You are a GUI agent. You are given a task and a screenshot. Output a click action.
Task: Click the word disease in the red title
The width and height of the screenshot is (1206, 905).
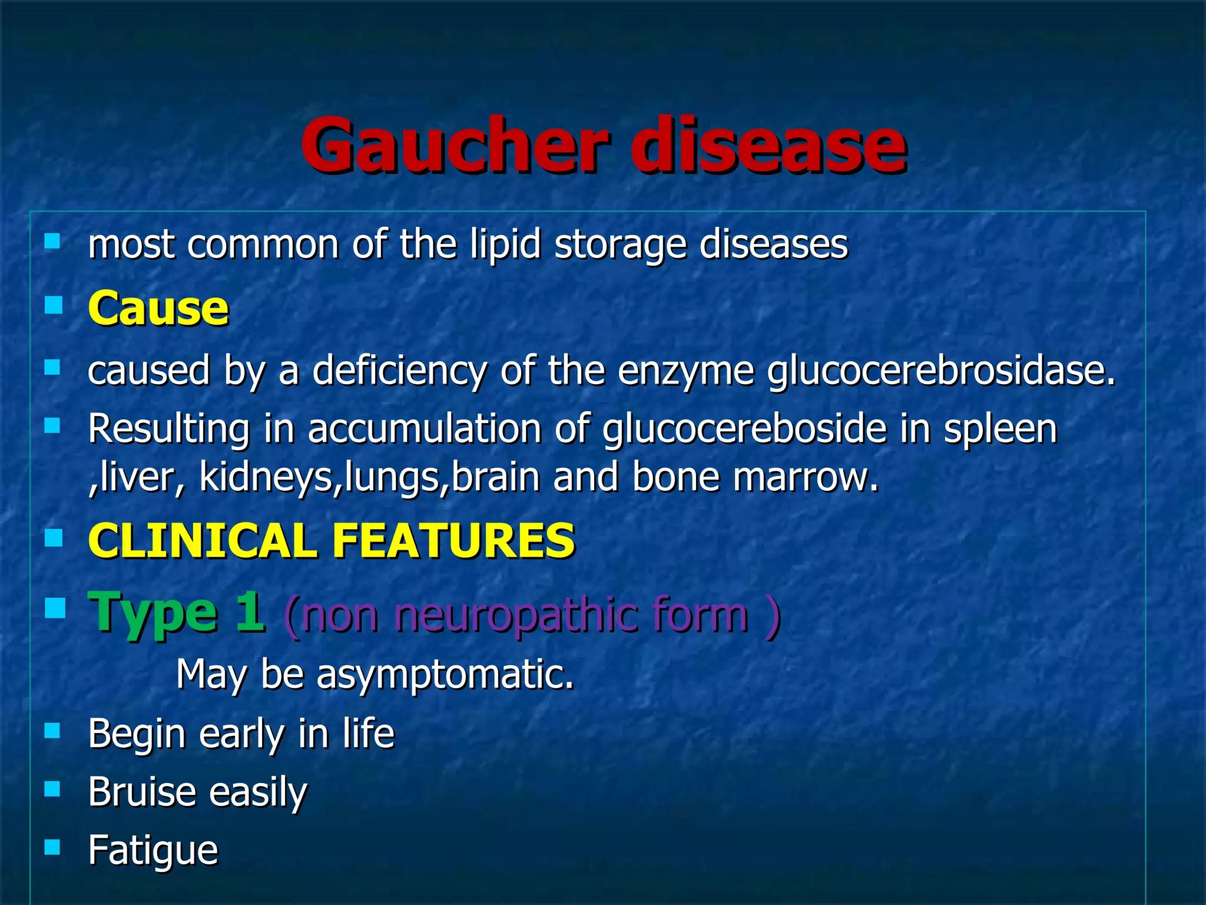773,146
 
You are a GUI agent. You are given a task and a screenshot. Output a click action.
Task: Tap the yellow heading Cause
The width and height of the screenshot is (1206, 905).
158,308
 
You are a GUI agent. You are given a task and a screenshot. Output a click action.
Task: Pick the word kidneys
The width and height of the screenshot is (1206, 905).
266,477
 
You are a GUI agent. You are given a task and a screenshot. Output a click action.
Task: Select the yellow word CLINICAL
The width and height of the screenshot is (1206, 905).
202,541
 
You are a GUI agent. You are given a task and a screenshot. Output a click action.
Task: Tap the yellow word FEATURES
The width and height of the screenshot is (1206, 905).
453,541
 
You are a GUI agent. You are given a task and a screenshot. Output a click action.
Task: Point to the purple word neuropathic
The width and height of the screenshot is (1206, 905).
509,615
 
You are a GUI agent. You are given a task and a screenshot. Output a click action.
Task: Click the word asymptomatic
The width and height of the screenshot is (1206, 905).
445,675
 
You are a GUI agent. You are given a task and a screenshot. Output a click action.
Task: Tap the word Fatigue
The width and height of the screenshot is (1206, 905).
153,851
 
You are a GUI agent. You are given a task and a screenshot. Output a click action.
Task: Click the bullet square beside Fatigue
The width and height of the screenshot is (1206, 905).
52,847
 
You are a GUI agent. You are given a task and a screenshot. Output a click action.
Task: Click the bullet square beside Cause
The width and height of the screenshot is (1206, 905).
53,305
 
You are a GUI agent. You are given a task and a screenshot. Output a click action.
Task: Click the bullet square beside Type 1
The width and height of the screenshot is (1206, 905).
55,607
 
